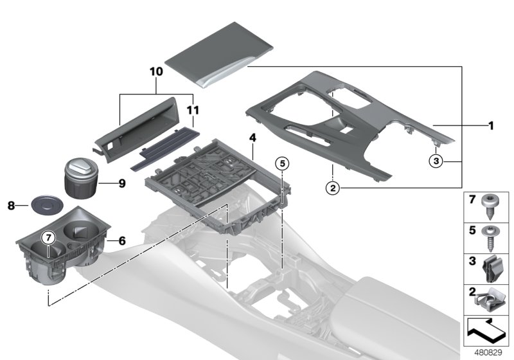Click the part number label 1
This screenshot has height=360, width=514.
click(490, 126)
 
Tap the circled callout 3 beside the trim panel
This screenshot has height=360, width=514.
click(436, 161)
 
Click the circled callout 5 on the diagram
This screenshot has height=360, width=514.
click(281, 163)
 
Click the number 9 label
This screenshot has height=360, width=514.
click(121, 183)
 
